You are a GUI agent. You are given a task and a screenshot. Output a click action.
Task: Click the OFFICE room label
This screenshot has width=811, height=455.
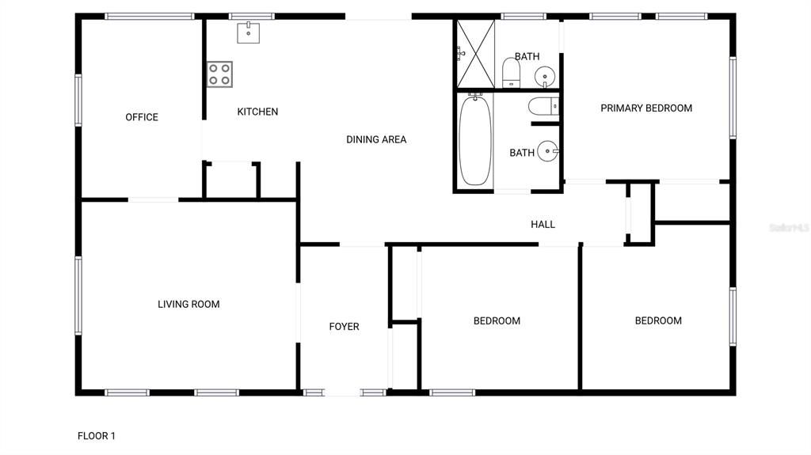142,117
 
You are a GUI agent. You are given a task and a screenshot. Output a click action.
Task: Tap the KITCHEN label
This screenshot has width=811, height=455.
257,112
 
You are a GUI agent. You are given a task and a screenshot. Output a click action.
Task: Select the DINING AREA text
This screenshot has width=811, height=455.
376,139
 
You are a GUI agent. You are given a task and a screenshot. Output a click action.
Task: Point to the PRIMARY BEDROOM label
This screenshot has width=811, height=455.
646,108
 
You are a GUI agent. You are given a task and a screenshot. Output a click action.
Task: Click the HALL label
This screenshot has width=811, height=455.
543,225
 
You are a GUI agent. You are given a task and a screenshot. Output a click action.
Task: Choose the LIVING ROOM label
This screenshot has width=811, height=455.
188,304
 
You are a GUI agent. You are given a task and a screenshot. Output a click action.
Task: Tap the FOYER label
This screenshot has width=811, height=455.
344,326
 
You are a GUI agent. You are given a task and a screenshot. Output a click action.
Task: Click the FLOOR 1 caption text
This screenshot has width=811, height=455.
97,435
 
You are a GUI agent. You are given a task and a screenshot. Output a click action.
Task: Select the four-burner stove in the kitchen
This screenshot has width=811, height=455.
219,74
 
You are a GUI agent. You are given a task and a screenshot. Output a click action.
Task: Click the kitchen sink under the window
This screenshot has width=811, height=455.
249,32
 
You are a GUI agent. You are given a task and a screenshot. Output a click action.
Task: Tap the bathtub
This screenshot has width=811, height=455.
475,140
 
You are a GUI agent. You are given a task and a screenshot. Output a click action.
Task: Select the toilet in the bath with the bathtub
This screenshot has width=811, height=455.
544,106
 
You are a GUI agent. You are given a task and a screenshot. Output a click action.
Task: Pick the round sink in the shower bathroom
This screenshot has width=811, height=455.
545,77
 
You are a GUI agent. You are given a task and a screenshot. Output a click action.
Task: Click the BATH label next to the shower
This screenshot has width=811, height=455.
527,56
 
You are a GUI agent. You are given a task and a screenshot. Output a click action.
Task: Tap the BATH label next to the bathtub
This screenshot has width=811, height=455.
521,153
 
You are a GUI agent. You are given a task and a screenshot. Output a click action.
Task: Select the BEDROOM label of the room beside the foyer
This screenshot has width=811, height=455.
497,320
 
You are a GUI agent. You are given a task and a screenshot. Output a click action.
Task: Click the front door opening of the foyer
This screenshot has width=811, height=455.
344,392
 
